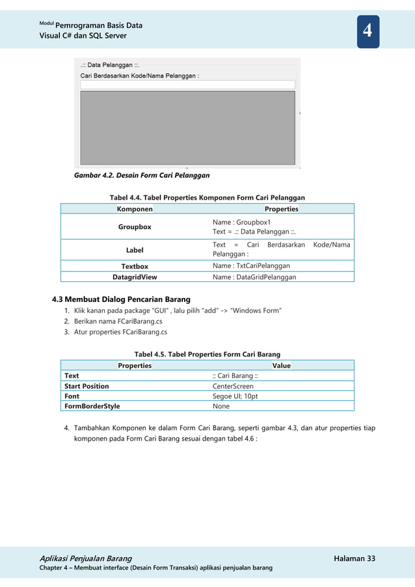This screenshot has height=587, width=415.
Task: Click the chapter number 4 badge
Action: [368, 31]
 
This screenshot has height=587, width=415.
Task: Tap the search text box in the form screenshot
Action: [187, 85]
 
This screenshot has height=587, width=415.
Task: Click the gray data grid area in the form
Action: [187, 128]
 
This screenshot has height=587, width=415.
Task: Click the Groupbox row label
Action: [135, 226]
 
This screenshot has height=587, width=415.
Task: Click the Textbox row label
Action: [135, 266]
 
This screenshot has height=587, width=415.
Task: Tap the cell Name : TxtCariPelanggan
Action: [251, 266]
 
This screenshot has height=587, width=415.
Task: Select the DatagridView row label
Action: [135, 277]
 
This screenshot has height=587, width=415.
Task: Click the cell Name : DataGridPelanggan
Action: [254, 277]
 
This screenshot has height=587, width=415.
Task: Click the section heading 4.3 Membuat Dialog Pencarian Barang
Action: [121, 299]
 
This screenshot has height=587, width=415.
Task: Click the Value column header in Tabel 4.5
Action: [281, 365]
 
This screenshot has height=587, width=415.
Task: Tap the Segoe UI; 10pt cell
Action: [235, 396]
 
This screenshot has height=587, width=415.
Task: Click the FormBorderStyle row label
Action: [92, 406]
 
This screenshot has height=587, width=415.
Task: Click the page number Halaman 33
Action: [354, 558]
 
